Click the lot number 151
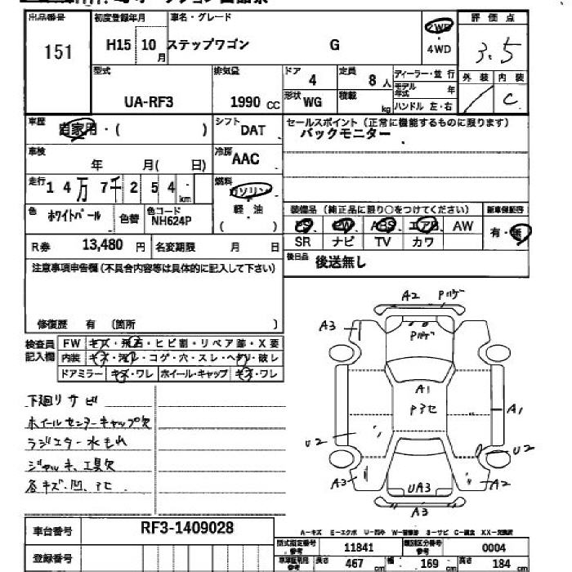point(58,52)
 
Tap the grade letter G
point(334,46)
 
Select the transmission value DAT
point(252,130)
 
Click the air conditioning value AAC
point(246,159)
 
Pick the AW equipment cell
point(463,226)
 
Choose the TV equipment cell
point(382,242)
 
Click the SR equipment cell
point(302,242)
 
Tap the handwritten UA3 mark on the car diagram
point(418,489)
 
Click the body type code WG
point(312,103)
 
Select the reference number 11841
point(360,547)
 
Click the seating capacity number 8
point(373,80)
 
